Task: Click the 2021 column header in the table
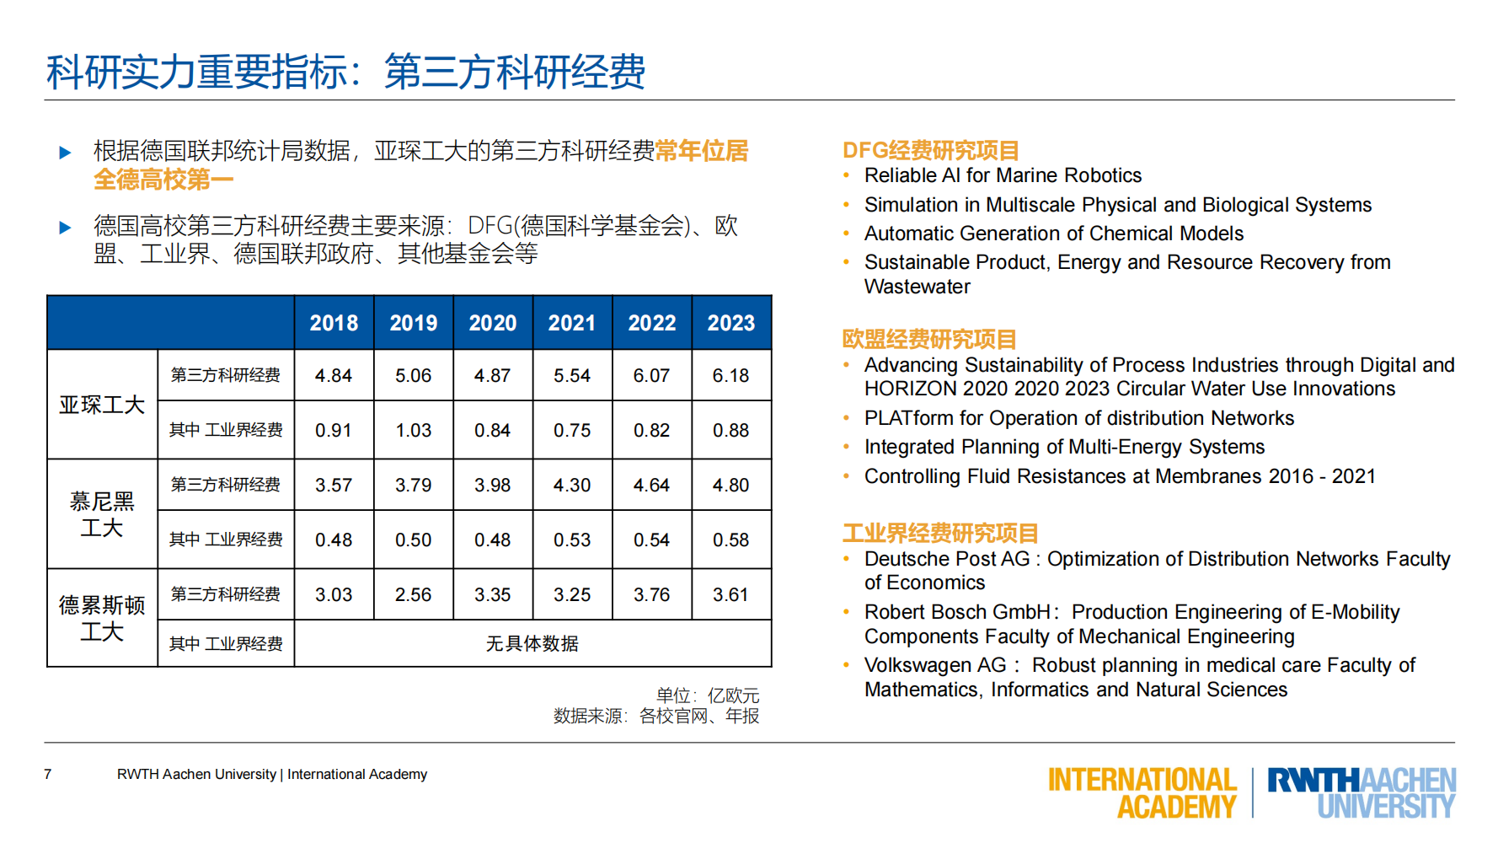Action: [x=572, y=323]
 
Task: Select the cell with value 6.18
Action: [x=730, y=376]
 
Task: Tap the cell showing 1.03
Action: [x=413, y=431]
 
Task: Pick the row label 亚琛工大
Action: [x=102, y=405]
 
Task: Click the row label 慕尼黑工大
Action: [x=102, y=514]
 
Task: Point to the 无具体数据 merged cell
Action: [x=532, y=644]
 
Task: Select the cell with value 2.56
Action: [x=413, y=595]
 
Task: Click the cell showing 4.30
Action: [x=572, y=486]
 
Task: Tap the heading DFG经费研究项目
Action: [x=930, y=151]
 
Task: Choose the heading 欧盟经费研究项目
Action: [x=928, y=340]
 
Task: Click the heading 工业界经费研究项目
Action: [x=939, y=534]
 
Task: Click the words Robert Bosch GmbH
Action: [x=957, y=613]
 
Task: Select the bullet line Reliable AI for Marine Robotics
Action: [x=1003, y=176]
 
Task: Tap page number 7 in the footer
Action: [x=48, y=775]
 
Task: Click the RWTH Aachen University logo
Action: [x=1361, y=792]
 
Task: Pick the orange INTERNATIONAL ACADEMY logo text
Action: [x=1142, y=792]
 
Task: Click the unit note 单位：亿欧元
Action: [x=707, y=696]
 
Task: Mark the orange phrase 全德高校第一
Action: [x=163, y=180]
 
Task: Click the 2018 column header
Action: [x=334, y=323]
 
